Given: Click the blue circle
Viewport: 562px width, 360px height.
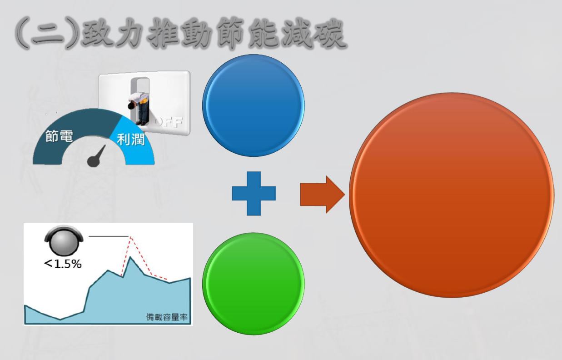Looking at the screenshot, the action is point(254,105).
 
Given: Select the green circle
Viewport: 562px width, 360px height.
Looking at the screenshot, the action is point(254,284).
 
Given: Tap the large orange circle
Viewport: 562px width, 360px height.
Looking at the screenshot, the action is point(452,195).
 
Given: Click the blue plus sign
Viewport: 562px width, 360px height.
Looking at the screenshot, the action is point(254,194).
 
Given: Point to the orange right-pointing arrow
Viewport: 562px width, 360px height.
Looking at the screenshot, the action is point(323,195).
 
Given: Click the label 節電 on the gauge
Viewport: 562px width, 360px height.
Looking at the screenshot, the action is point(59,136).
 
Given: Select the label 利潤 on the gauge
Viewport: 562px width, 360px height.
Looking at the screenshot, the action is point(131,140).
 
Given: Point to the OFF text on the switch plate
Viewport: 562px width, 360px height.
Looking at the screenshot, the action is point(169,122).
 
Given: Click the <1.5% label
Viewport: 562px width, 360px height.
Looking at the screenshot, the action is point(63,264).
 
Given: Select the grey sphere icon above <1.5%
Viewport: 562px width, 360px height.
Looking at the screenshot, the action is point(64,240).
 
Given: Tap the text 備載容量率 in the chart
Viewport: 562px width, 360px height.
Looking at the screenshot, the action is point(167,317).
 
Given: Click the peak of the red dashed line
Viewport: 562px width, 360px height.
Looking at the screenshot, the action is point(130,237).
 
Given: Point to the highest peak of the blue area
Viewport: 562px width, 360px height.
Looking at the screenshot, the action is point(130,257).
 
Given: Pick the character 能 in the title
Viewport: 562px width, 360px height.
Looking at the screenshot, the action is point(264,34).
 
